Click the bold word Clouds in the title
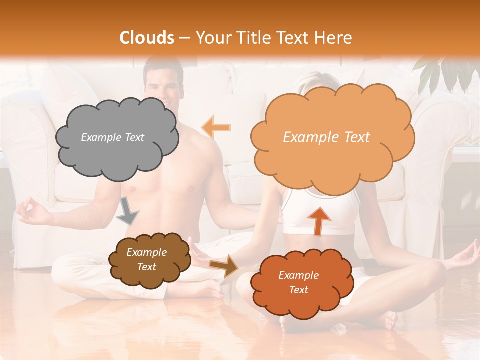[146, 38]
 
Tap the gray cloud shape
[116, 138]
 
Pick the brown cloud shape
[149, 259]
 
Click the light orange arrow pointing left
[216, 127]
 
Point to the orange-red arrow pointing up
[318, 220]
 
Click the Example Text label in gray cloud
[112, 137]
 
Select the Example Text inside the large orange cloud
[326, 137]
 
